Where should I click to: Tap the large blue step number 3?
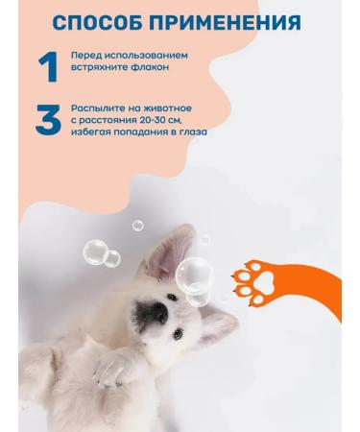pyautogui.click(x=48, y=121)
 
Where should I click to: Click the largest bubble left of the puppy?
pyautogui.click(x=94, y=252)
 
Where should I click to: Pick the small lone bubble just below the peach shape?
pyautogui.click(x=137, y=225)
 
